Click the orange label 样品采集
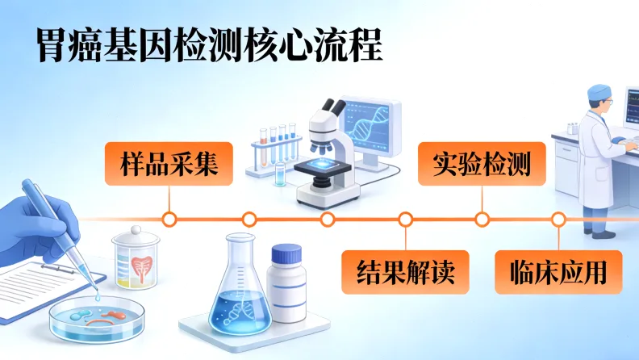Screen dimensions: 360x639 169,164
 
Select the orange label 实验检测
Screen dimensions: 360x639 481,164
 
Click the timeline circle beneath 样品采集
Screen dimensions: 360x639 169,219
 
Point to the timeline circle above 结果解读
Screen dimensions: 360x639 405,219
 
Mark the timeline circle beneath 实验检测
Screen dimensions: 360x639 482,219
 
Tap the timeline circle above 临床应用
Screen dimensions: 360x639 558,219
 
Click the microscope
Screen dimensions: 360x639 328,153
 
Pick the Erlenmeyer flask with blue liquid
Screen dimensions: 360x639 240,295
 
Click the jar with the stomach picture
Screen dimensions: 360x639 136,258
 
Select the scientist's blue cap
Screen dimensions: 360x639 599,92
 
